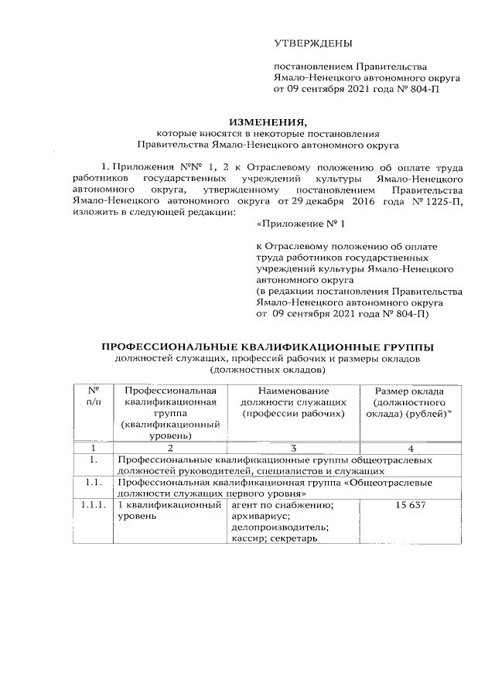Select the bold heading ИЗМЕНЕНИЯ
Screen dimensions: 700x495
coord(267,121)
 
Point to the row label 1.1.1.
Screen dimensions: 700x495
coord(91,505)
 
